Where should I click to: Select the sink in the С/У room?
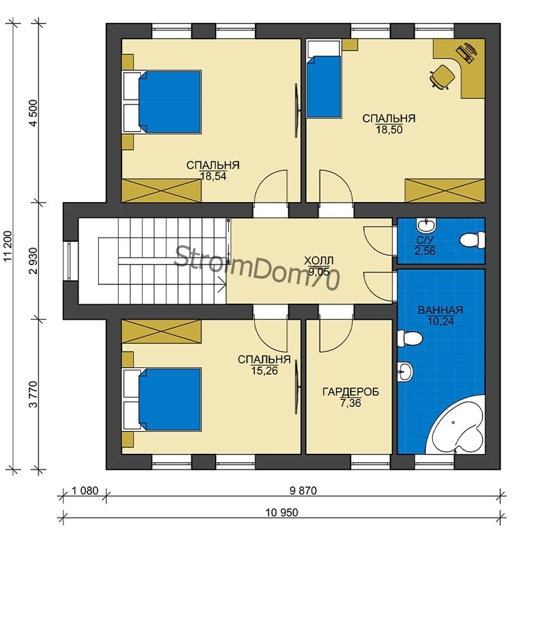pyautogui.click(x=425, y=223)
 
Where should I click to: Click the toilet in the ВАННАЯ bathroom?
pyautogui.click(x=410, y=338)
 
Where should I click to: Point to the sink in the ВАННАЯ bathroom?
pyautogui.click(x=405, y=371)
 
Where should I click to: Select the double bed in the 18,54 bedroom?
pyautogui.click(x=162, y=102)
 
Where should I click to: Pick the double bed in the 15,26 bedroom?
pyautogui.click(x=162, y=399)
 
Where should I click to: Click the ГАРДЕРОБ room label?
pyautogui.click(x=351, y=392)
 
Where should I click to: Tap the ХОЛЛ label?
pyautogui.click(x=319, y=260)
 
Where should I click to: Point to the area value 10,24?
pyautogui.click(x=441, y=322)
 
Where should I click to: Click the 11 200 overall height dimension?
pyautogui.click(x=9, y=246)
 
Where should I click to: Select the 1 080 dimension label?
pyautogui.click(x=85, y=491)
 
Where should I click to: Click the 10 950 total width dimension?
pyautogui.click(x=281, y=512)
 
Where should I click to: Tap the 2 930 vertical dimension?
pyautogui.click(x=33, y=261)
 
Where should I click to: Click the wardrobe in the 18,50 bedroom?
pyautogui.click(x=444, y=190)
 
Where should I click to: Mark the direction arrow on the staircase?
pyautogui.click(x=222, y=284)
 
